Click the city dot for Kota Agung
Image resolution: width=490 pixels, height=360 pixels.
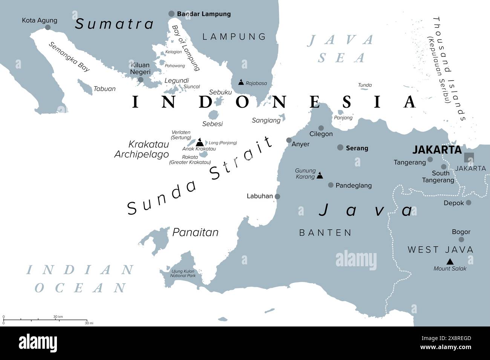pos(48,27)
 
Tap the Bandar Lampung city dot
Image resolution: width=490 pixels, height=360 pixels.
pos(171,14)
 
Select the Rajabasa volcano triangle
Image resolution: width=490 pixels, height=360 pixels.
pos(241,82)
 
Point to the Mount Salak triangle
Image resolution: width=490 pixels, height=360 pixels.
pos(450,261)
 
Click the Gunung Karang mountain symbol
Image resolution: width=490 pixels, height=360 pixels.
pos(320,175)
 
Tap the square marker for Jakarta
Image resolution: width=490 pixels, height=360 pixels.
pos(469,157)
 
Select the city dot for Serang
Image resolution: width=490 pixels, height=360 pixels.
pos(340,148)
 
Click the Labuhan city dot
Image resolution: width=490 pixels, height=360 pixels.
pos(277,196)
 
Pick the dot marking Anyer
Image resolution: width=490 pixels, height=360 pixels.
pos(289,140)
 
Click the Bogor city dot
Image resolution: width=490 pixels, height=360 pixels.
pos(461,239)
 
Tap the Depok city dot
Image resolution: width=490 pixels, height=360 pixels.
pos(468,203)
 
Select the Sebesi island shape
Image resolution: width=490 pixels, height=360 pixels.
pos(214,114)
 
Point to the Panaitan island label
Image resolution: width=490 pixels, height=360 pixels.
pos(195,232)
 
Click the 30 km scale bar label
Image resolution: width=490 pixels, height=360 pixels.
pos(58,317)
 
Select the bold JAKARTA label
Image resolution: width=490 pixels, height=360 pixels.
pos(437,150)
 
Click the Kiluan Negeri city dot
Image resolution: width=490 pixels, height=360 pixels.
pos(141,79)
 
